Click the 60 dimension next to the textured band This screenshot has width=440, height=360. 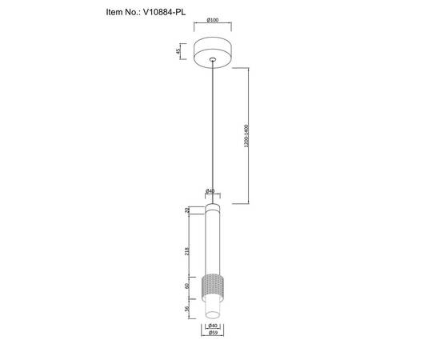click(x=187, y=286)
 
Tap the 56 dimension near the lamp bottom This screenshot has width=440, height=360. click(x=187, y=309)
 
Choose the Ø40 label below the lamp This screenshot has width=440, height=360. click(x=212, y=326)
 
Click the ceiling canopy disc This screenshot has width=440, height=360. click(x=212, y=51)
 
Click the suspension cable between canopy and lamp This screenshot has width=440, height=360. click(x=212, y=128)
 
